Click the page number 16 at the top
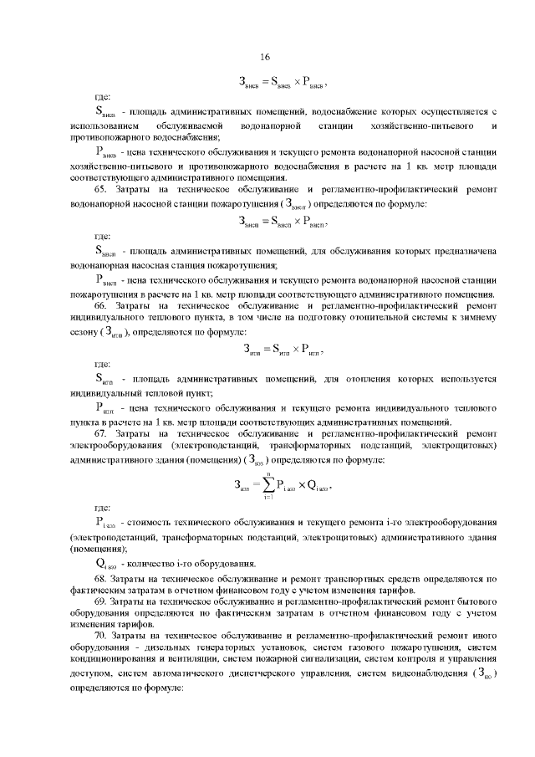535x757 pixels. click(267, 58)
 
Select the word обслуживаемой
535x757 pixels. click(186, 124)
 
